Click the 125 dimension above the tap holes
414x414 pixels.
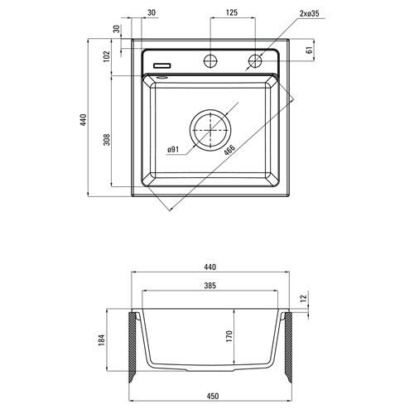pyautogui.click(x=233, y=13)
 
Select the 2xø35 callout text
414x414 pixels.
pyautogui.click(x=294, y=13)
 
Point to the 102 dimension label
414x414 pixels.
pyautogui.click(x=106, y=57)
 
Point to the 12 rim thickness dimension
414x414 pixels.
pyautogui.click(x=304, y=299)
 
